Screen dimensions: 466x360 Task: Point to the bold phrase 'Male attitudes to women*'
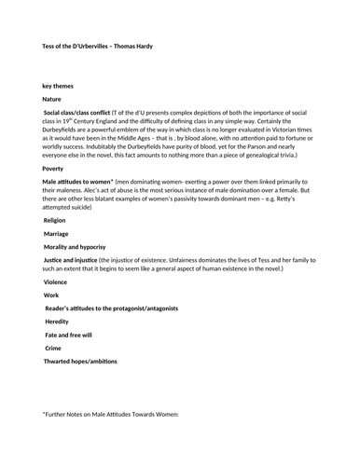[78, 184]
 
